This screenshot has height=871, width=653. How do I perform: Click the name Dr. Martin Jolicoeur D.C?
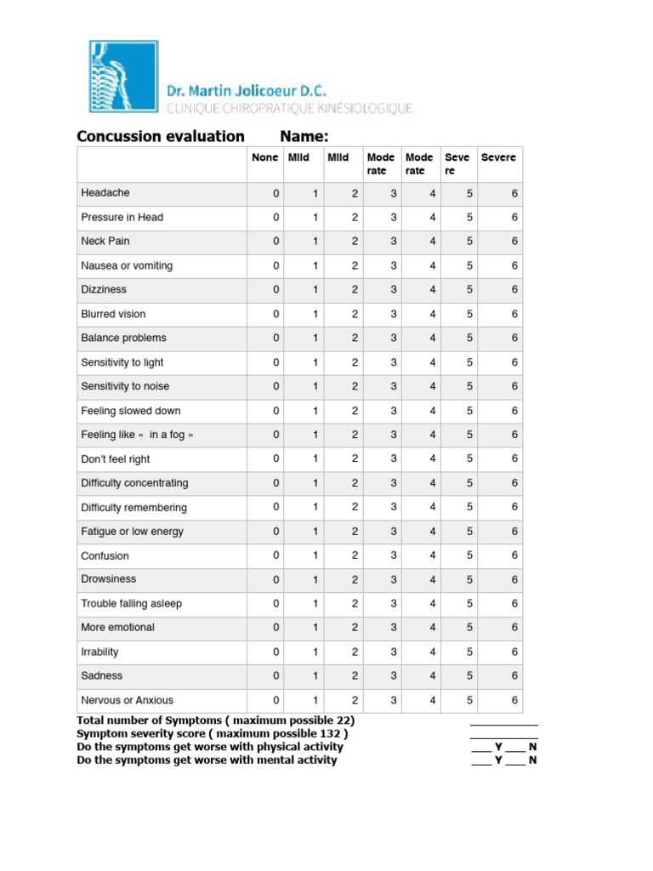pos(247,90)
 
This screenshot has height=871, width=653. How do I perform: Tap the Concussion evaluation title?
pos(161,136)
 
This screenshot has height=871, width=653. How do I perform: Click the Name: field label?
pos(304,136)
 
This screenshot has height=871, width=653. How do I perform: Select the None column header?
pos(264,157)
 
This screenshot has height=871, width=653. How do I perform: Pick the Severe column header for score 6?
pos(498,157)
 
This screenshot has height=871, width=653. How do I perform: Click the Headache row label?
pos(105,193)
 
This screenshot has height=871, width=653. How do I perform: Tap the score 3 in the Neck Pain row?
pos(394,242)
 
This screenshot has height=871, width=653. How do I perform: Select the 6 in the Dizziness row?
pos(514,290)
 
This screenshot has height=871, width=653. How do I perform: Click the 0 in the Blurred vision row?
pos(275,314)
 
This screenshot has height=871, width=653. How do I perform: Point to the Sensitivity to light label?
pos(122,362)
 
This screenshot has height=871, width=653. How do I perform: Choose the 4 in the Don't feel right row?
pos(433,459)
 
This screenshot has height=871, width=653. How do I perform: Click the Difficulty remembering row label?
pos(133,508)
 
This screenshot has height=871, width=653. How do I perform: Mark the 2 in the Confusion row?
pos(355,555)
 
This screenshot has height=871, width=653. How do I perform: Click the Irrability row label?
pos(99,652)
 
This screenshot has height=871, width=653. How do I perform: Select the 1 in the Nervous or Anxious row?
pos(315,701)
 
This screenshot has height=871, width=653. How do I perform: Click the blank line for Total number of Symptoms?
pos(503,721)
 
